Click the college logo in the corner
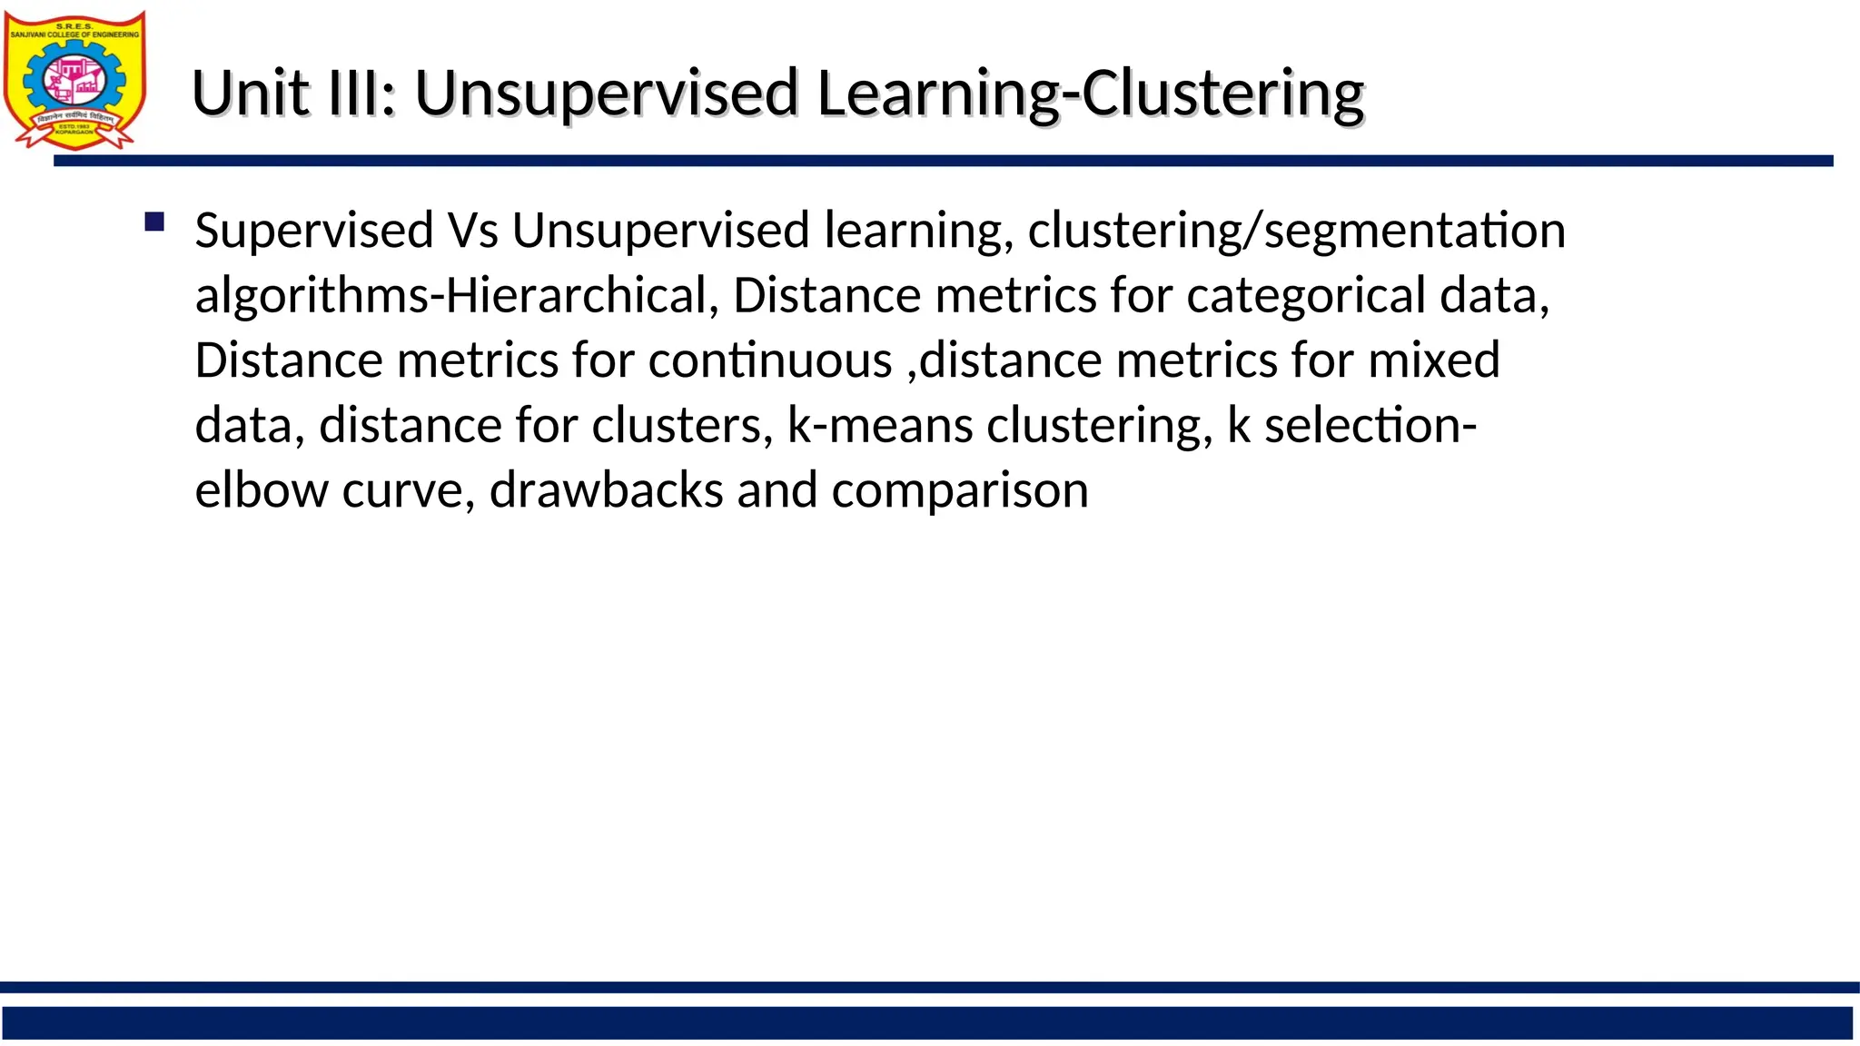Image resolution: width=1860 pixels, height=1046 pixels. pyautogui.click(x=74, y=80)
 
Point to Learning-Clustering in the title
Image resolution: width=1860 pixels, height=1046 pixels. pyautogui.click(x=1090, y=94)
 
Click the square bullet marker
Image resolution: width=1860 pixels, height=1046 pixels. pyautogui.click(x=154, y=222)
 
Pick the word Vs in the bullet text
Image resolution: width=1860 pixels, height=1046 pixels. pyautogui.click(x=472, y=231)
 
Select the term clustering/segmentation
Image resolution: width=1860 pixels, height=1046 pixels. pyautogui.click(x=1296, y=231)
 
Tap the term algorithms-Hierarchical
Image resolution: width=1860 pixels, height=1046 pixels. pyautogui.click(x=450, y=296)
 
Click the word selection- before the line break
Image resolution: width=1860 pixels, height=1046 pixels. pyautogui.click(x=1370, y=426)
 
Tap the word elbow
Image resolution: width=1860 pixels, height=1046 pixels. pyautogui.click(x=262, y=491)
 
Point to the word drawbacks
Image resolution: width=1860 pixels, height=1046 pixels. pyautogui.click(x=606, y=491)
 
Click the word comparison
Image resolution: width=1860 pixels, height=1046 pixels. pyautogui.click(x=959, y=491)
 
